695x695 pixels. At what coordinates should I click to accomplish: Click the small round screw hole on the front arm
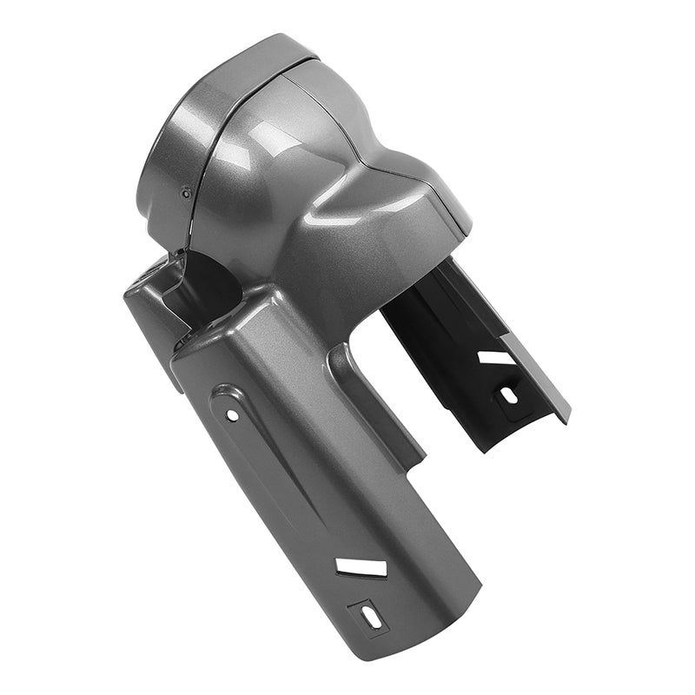click(x=232, y=415)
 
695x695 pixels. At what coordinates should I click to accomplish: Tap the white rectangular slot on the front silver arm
click(x=361, y=567)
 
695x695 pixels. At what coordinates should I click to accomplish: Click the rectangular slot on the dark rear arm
click(x=496, y=357)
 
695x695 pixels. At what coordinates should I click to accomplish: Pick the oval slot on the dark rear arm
click(x=509, y=394)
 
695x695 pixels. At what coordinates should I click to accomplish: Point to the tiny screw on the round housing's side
click(x=186, y=194)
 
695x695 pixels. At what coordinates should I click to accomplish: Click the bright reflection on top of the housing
click(x=261, y=139)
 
